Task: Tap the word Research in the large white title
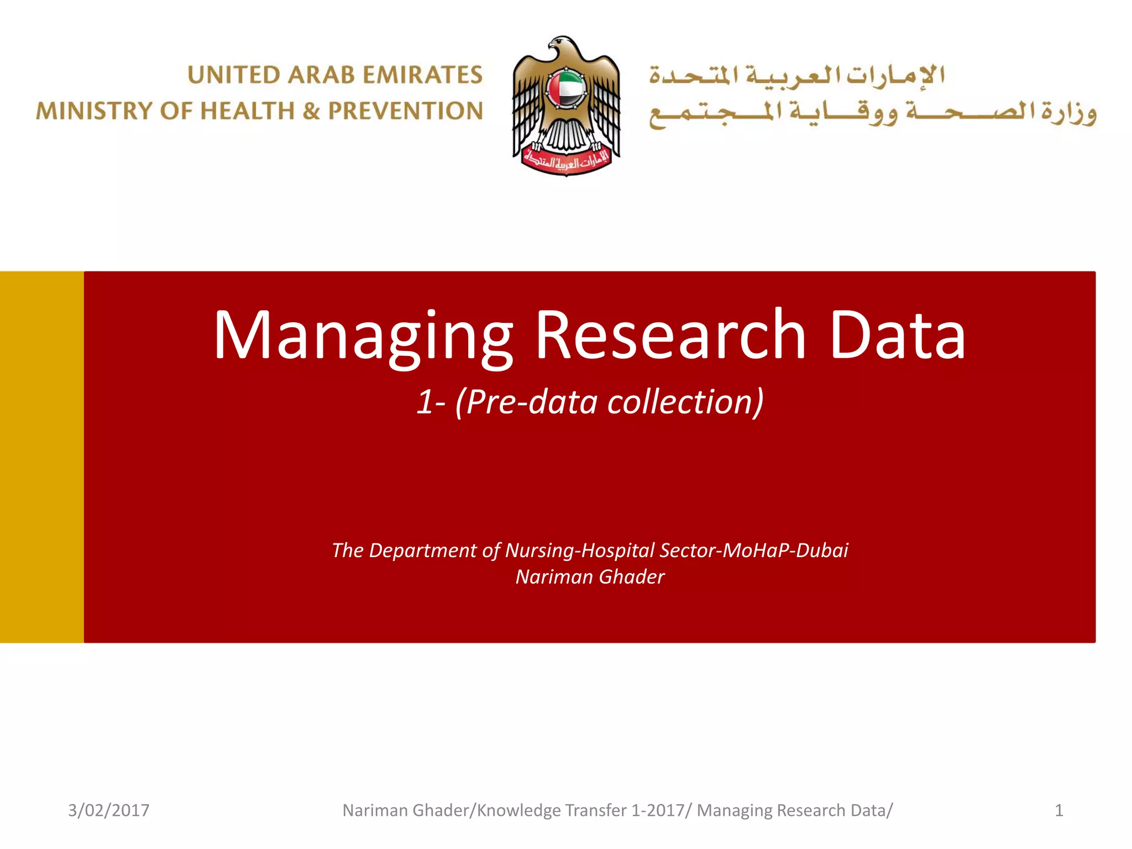pyautogui.click(x=670, y=335)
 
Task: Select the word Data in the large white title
pyautogui.click(x=897, y=335)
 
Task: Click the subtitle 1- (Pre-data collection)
pyautogui.click(x=590, y=401)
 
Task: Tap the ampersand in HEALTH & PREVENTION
pyautogui.click(x=312, y=111)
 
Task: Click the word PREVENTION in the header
pyautogui.click(x=406, y=111)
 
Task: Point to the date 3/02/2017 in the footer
pyautogui.click(x=109, y=810)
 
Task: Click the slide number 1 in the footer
pyautogui.click(x=1058, y=810)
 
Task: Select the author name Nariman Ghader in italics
pyautogui.click(x=590, y=577)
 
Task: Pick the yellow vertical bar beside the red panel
pyautogui.click(x=42, y=457)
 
